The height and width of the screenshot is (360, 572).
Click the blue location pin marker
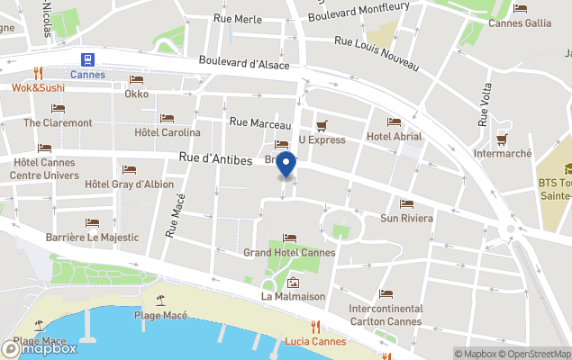pos(286,166)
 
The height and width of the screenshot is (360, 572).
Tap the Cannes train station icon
pos(87,59)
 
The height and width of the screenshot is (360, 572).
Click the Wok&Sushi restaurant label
pos(38,88)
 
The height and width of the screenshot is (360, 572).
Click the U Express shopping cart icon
pos(322,125)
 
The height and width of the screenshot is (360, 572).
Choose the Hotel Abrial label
pos(394,137)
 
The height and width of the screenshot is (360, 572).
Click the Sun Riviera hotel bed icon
pos(406,204)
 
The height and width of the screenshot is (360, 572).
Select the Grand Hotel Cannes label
pos(289,253)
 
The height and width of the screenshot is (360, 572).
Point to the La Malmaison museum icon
pos(292,283)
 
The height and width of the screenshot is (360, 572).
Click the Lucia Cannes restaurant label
pos(315,342)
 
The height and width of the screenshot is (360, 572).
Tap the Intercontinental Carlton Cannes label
pos(386,315)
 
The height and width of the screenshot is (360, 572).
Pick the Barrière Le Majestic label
pos(92,238)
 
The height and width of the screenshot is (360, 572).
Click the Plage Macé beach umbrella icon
pos(160,300)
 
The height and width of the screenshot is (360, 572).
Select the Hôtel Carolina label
pos(168,132)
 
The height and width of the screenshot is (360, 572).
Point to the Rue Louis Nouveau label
pos(377,53)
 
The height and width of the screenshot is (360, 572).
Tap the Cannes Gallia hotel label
pos(520,23)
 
